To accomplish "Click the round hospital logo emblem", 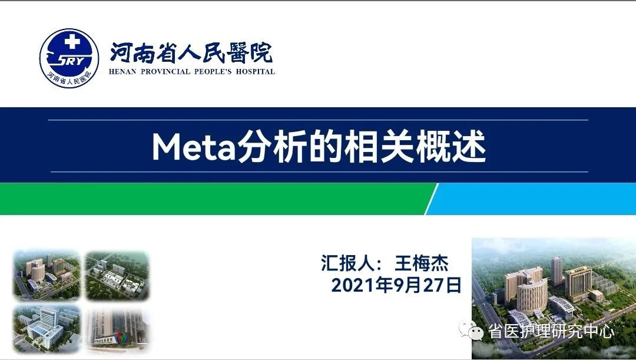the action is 69,58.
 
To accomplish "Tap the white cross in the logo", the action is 72,42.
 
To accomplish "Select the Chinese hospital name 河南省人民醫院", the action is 191,53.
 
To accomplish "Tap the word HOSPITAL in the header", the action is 256,72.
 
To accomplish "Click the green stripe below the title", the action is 215,199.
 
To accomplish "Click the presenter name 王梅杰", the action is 422,263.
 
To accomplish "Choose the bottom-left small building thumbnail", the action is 47,329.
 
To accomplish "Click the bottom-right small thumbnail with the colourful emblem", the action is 117,329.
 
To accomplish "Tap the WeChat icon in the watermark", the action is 471,331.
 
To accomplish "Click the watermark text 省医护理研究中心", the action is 551,331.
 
